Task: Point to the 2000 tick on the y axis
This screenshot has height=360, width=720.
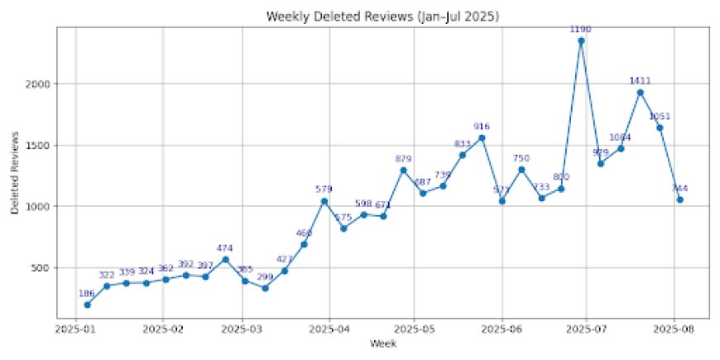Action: (39, 84)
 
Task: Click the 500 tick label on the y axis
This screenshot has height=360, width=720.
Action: (41, 267)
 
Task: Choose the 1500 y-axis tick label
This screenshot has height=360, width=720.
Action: (39, 145)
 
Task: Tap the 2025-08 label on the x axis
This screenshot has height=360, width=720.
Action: (673, 328)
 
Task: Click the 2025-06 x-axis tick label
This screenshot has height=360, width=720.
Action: (502, 328)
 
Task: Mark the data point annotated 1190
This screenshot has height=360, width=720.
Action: (581, 41)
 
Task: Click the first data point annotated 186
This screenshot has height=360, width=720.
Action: (87, 305)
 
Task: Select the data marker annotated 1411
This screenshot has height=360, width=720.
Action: (640, 93)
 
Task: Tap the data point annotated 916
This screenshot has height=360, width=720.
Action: (482, 137)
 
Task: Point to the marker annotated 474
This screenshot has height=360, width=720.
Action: (225, 259)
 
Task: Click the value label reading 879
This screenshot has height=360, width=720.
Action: (403, 158)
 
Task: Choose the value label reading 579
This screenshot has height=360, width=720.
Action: (324, 190)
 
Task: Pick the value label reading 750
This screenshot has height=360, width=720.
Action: (521, 157)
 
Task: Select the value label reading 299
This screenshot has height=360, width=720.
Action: (265, 276)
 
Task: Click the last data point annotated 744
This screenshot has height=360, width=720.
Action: (679, 199)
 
